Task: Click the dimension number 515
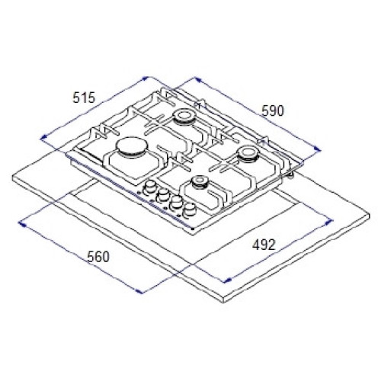point(84,98)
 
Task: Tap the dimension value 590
point(273,110)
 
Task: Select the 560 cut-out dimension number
point(98,257)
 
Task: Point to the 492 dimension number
point(264,245)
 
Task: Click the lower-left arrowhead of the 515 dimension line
point(43,137)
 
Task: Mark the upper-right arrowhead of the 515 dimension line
point(145,78)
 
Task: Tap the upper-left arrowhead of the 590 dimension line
point(198,80)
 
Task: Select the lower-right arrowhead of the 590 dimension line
point(317,149)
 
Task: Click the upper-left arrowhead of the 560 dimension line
point(21,223)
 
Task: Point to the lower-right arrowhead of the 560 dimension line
point(139,291)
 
